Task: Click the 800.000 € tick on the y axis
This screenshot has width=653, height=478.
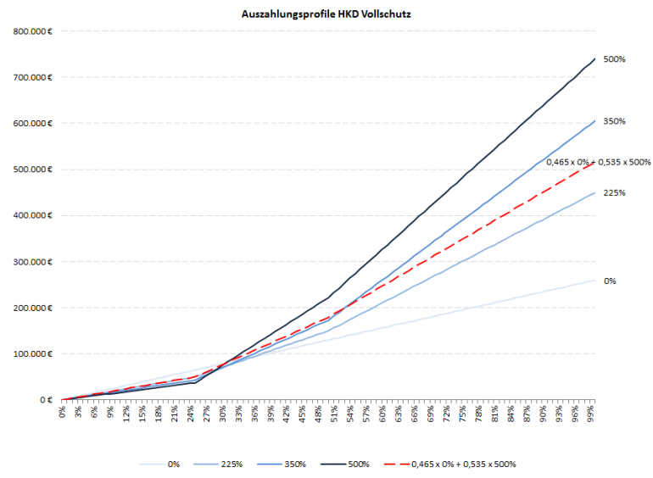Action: [35, 32]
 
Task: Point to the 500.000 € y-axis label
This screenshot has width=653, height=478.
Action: [35, 170]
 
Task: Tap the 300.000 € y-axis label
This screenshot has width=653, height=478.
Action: [35, 262]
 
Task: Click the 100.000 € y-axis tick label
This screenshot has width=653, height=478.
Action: [35, 354]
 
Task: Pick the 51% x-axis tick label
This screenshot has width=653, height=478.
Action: [336, 413]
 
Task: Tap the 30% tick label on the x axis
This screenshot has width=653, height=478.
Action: [223, 413]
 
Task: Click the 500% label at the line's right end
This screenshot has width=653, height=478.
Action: [615, 59]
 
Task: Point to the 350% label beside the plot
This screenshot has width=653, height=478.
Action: [615, 122]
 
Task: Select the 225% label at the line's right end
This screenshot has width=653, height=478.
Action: [615, 193]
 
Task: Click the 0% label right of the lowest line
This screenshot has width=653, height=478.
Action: [610, 281]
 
